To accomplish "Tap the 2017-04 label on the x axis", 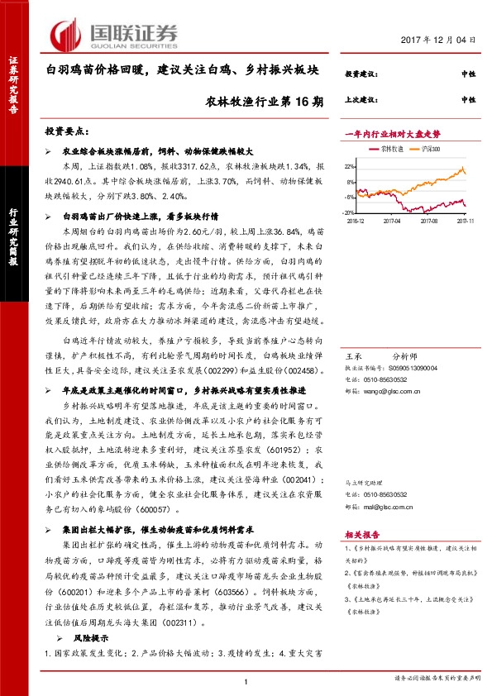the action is (391, 222).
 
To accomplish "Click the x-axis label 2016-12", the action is (356, 222).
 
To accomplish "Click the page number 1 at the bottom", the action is (246, 680).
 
